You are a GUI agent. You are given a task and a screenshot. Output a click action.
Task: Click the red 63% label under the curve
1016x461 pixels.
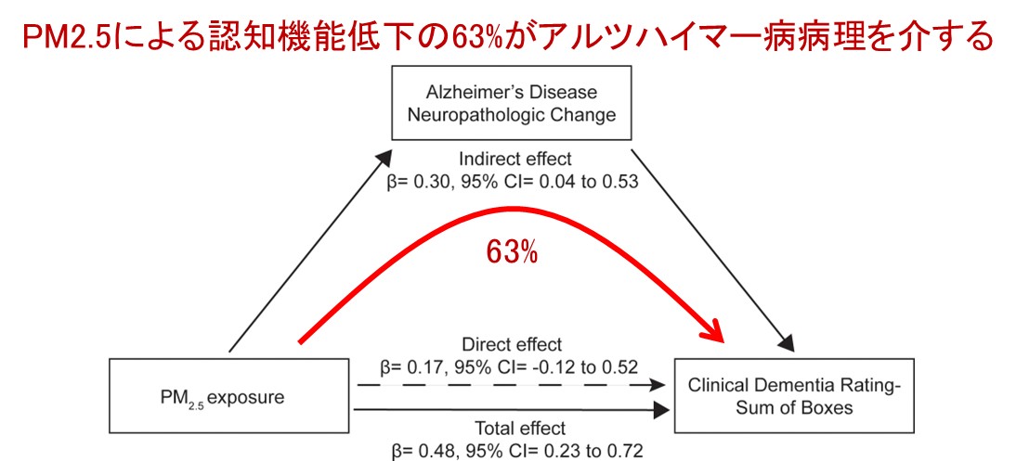[512, 252]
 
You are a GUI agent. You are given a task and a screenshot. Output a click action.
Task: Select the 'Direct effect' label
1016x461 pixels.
[512, 345]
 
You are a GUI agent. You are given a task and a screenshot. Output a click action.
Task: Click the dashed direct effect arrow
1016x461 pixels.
[512, 384]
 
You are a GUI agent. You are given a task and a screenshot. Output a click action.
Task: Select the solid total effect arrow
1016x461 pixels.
[512, 408]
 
